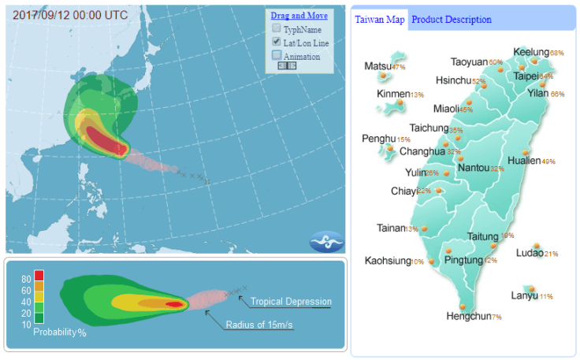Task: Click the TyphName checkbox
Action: [x=277, y=28]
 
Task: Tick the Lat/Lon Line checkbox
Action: [x=277, y=42]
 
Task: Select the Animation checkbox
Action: [x=277, y=56]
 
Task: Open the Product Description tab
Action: [x=451, y=20]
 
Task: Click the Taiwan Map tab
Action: [x=380, y=20]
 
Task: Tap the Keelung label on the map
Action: [x=530, y=52]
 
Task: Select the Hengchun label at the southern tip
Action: [x=468, y=316]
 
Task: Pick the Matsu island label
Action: [x=377, y=66]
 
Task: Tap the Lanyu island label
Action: [x=524, y=296]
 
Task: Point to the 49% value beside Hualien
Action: [x=548, y=161]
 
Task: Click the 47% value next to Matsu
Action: [x=398, y=67]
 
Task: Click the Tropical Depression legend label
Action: [x=291, y=302]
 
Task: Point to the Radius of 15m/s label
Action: [x=260, y=325]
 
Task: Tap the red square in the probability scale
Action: [x=39, y=276]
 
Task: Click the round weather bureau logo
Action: [x=327, y=240]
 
